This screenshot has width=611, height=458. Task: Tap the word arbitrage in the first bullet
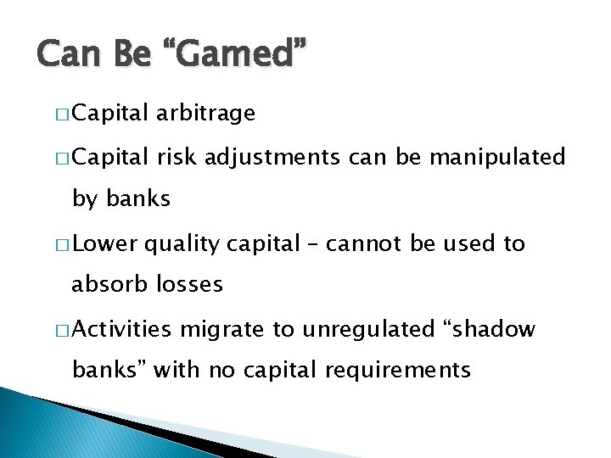205,114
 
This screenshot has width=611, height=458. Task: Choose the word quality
178,245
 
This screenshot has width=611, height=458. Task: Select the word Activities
127,329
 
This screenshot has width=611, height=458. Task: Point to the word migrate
225,330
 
